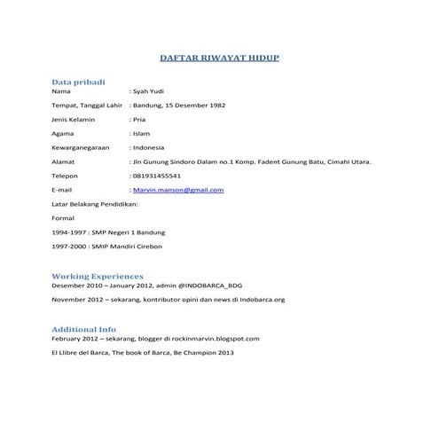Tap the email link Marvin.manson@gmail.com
tap(177, 190)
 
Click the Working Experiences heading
tap(98, 277)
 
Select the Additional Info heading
tap(83, 329)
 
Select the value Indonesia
tap(148, 148)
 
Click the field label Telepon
tap(67, 176)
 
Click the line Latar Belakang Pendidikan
tap(95, 204)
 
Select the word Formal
tap(63, 218)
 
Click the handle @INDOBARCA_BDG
tap(206, 286)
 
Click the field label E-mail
tap(62, 190)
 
